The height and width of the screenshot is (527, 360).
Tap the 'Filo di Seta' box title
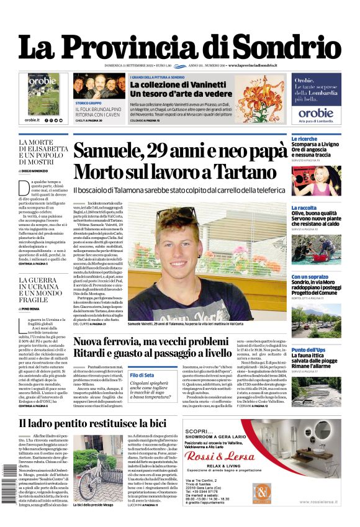tap(142, 375)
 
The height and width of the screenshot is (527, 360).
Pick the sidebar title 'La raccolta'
tap(304, 208)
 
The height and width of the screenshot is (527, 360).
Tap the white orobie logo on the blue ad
tap(315, 112)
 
